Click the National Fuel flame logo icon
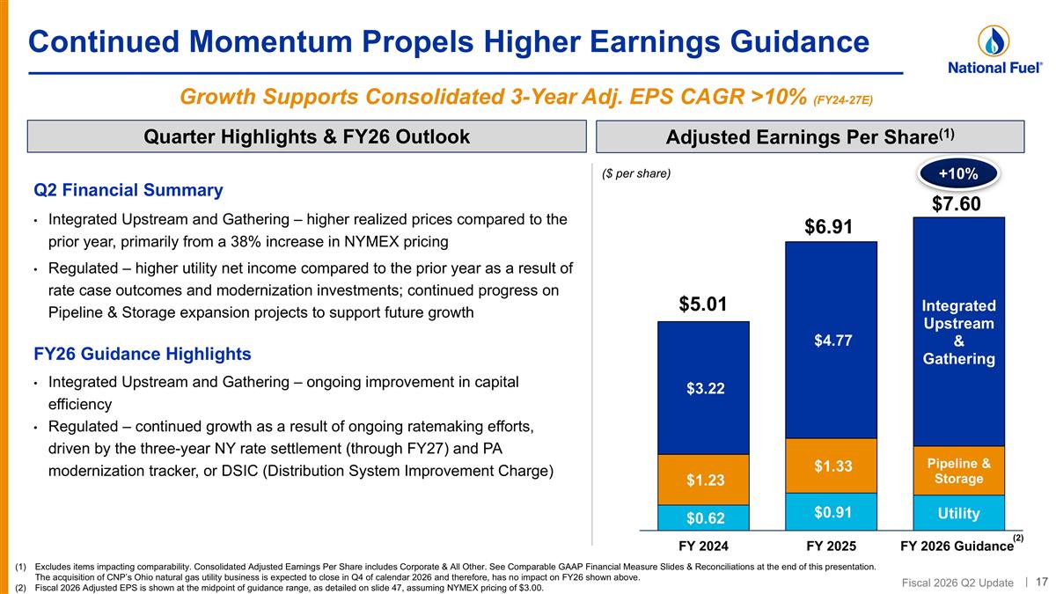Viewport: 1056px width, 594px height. pyautogui.click(x=994, y=41)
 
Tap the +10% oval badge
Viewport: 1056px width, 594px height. pyautogui.click(x=958, y=174)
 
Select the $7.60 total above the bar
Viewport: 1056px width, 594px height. pyautogui.click(x=956, y=203)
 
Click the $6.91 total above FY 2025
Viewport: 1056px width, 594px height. pyautogui.click(x=828, y=227)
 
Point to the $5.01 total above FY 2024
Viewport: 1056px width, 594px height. pyautogui.click(x=703, y=304)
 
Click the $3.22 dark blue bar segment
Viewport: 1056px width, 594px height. pyautogui.click(x=703, y=388)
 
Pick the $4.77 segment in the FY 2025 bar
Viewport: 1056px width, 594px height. pyautogui.click(x=831, y=341)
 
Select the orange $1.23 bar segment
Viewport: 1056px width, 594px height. pyautogui.click(x=703, y=480)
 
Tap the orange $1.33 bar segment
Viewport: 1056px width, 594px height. pyautogui.click(x=831, y=466)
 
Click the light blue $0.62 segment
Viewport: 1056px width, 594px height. pyautogui.click(x=703, y=517)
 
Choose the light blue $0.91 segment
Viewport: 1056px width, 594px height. pyautogui.click(x=831, y=512)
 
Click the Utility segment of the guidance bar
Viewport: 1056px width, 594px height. pyautogui.click(x=959, y=513)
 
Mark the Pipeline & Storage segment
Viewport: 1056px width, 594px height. pyautogui.click(x=959, y=471)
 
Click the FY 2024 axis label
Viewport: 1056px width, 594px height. pyautogui.click(x=703, y=546)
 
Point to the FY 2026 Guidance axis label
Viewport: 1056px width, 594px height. pyautogui.click(x=957, y=546)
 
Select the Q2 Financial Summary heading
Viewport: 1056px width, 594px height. pyautogui.click(x=128, y=190)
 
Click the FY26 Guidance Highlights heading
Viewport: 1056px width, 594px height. pyautogui.click(x=143, y=354)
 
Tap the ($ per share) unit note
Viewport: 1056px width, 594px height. pyautogui.click(x=636, y=173)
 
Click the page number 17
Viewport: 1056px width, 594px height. pyautogui.click(x=1041, y=582)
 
